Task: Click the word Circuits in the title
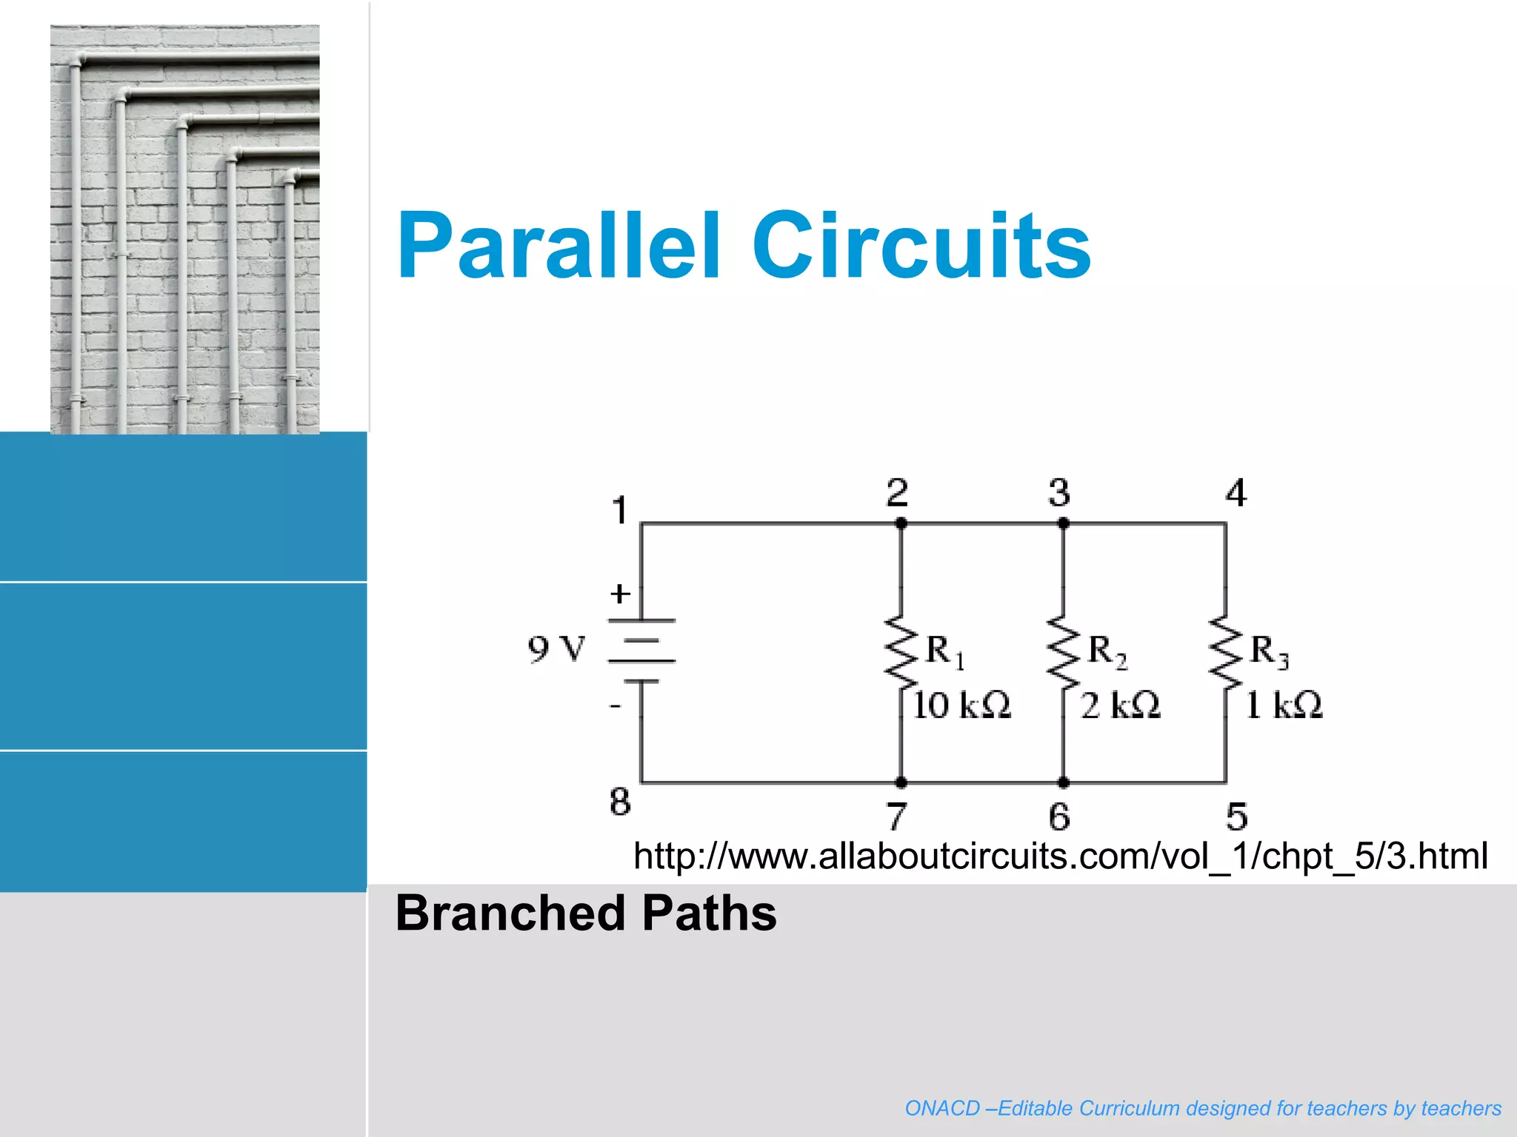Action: tap(921, 246)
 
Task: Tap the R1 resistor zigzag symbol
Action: tap(901, 651)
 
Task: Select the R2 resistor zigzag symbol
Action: tap(1063, 651)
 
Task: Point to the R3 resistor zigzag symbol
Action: tap(1225, 651)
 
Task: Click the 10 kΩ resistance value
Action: tap(961, 705)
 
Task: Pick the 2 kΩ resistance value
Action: tap(1120, 705)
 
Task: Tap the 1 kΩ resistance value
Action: tap(1284, 705)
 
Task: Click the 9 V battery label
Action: tap(556, 649)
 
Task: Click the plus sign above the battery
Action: tap(620, 594)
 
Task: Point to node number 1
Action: tap(620, 511)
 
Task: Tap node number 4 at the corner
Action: tap(1236, 493)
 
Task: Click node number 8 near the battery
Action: tap(620, 802)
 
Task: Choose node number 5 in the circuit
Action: tap(1236, 816)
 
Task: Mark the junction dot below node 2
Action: tap(901, 523)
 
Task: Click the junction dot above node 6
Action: tap(1063, 782)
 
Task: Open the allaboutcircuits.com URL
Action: tap(1060, 856)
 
